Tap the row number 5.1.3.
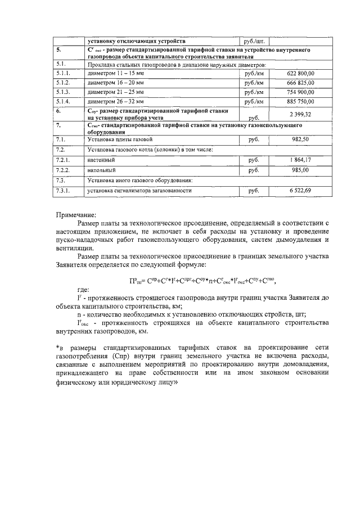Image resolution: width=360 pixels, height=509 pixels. pos(63,92)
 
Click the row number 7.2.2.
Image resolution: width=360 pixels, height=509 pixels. pos(63,169)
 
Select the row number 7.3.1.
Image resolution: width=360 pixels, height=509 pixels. pos(63,191)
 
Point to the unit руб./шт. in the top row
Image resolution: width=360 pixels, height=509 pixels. pos(253,41)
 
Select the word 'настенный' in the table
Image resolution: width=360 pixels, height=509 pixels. pos(101,160)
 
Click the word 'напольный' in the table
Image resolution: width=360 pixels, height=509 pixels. pos(102,169)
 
